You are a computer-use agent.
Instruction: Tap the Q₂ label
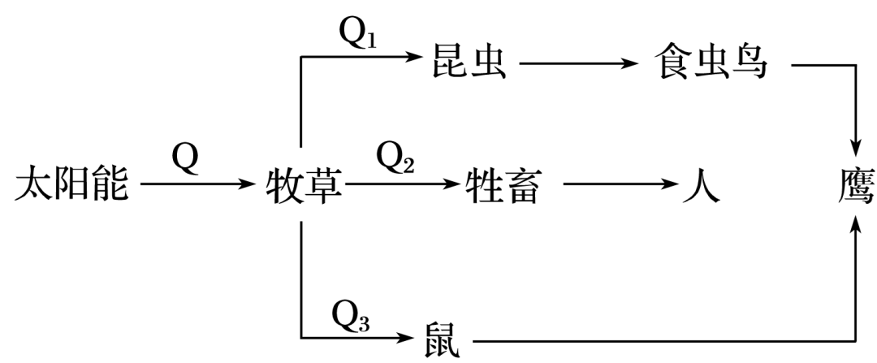coord(395,159)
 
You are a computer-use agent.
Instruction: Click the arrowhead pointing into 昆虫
coord(419,58)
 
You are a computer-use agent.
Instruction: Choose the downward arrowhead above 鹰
coord(856,146)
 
